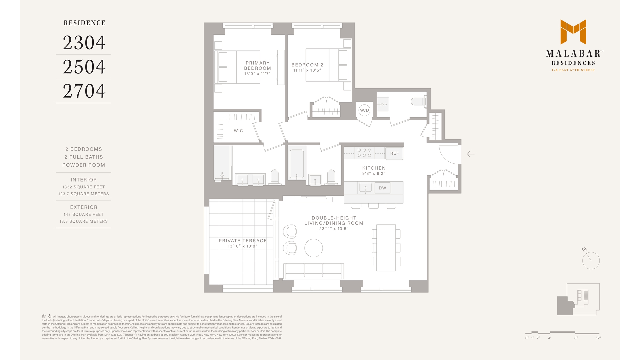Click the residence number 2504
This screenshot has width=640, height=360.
click(x=84, y=67)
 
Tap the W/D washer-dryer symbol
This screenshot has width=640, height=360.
click(x=364, y=110)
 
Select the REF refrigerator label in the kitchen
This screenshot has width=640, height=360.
click(x=394, y=153)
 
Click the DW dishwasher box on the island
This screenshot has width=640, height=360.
click(x=382, y=188)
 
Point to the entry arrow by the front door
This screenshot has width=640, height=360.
click(x=471, y=154)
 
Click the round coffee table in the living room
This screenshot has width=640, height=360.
click(x=314, y=248)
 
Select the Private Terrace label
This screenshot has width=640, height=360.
click(x=243, y=241)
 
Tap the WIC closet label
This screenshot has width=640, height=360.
click(x=238, y=131)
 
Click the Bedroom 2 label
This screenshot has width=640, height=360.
click(x=307, y=65)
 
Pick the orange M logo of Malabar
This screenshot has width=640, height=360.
click(x=573, y=32)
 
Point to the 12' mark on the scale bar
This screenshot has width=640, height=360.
click(x=598, y=338)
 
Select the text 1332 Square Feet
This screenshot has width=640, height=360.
click(x=84, y=187)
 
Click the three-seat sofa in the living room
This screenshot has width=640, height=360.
click(x=313, y=271)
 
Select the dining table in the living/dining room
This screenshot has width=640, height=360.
click(x=386, y=248)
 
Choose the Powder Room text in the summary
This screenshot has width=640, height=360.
click(x=84, y=165)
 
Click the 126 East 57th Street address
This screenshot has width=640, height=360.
click(x=573, y=70)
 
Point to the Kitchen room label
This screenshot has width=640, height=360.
click(x=374, y=168)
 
